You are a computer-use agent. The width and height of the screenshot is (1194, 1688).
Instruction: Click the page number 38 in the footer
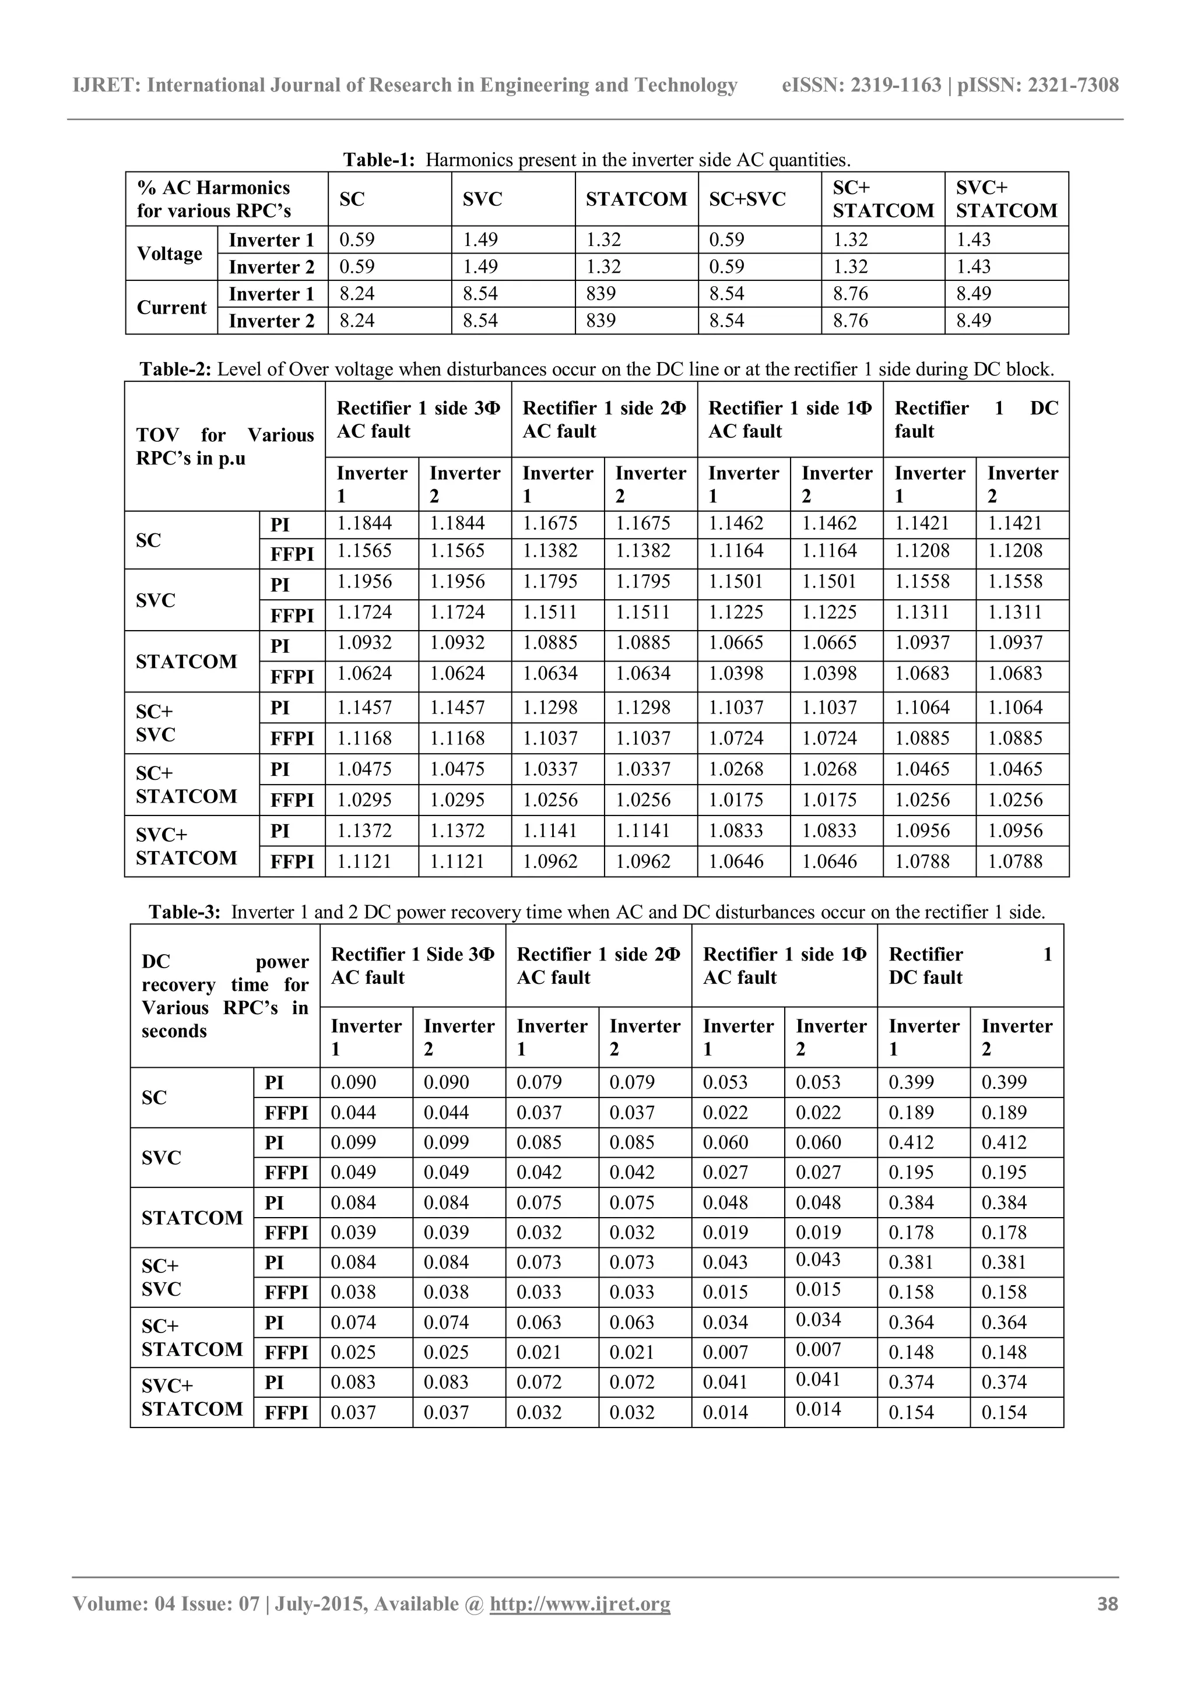click(1107, 1603)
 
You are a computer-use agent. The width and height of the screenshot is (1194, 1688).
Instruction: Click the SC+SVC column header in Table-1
click(747, 199)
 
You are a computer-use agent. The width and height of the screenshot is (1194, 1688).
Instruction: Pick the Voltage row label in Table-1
click(169, 254)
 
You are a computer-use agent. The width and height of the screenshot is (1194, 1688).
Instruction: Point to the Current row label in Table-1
click(171, 307)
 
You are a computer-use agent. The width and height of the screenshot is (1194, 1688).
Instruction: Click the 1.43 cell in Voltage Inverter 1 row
click(974, 240)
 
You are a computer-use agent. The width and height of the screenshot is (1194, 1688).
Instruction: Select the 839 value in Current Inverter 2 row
click(602, 321)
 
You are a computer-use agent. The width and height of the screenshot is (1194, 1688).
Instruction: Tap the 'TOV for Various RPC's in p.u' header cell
click(224, 446)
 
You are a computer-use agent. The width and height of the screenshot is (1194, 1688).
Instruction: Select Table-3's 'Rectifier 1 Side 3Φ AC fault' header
click(412, 966)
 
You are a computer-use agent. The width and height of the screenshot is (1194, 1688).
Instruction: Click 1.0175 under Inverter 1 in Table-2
click(736, 800)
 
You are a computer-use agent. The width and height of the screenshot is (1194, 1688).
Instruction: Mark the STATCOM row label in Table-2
click(187, 662)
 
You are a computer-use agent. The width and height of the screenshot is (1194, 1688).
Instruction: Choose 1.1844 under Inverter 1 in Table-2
click(364, 523)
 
